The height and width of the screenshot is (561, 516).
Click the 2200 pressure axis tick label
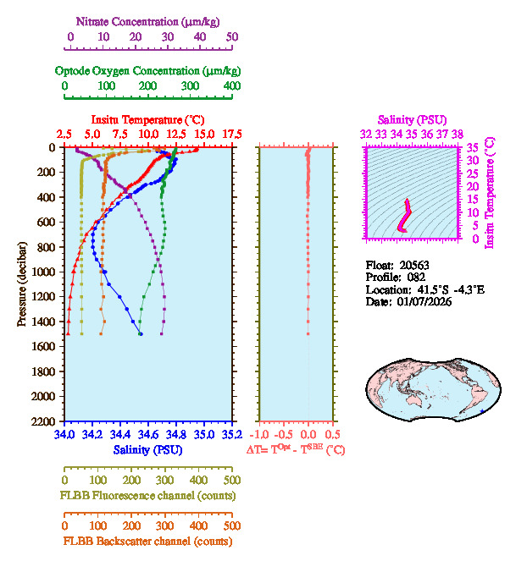(45, 421)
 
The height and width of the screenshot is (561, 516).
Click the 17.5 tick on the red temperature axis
(231, 135)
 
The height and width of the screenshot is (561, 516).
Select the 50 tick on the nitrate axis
(232, 37)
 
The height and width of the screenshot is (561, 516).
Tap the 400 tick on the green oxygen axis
(231, 85)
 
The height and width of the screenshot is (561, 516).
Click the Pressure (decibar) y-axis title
(20, 284)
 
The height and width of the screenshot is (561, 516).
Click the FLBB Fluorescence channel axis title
(147, 495)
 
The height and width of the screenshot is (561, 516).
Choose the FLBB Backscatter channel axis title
(147, 542)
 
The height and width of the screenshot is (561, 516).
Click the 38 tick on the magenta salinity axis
(458, 134)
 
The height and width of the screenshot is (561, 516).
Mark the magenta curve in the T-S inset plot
(406, 216)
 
